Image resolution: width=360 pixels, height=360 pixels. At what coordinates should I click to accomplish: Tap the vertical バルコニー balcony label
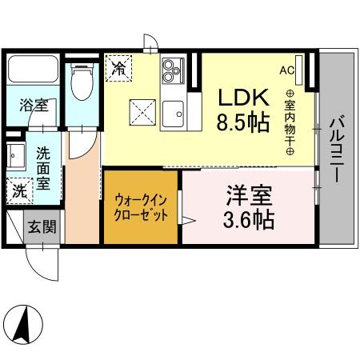(x=336, y=149)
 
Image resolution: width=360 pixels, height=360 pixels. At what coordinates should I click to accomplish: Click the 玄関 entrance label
(x=44, y=227)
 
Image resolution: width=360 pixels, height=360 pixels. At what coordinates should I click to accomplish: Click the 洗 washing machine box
(x=18, y=191)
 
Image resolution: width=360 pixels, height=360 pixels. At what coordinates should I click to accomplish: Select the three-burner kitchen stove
(x=174, y=73)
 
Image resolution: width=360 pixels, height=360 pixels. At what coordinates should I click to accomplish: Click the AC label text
(x=286, y=70)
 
